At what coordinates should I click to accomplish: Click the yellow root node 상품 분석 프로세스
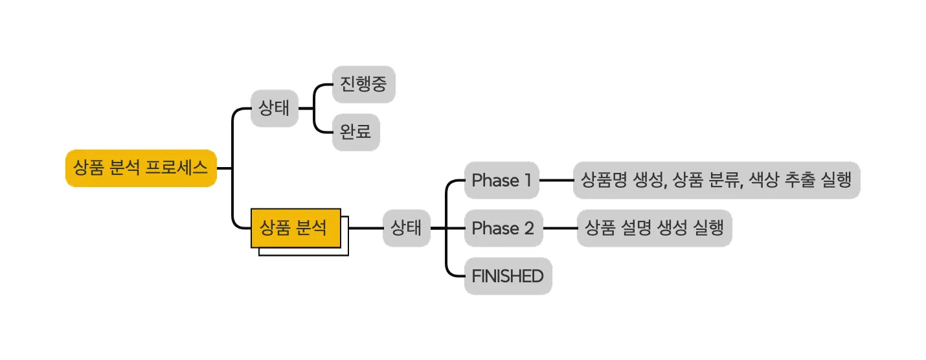click(x=141, y=168)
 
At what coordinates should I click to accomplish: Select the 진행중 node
click(x=363, y=84)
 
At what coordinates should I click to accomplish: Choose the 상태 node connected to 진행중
click(x=275, y=108)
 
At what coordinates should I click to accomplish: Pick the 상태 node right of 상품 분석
click(x=406, y=228)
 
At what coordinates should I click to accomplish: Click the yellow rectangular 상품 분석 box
click(x=295, y=228)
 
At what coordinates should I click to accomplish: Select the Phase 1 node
click(x=502, y=180)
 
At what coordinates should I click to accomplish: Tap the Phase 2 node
click(x=503, y=228)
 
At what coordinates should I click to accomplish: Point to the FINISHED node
click(x=508, y=276)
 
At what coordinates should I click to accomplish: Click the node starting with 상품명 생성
click(x=716, y=180)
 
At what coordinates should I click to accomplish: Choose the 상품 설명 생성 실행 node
click(x=654, y=228)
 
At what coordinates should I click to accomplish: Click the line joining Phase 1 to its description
click(x=556, y=180)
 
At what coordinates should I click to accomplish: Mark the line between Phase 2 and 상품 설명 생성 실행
click(x=560, y=228)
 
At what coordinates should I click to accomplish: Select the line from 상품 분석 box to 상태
click(x=365, y=228)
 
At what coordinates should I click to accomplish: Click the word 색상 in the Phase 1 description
click(x=764, y=180)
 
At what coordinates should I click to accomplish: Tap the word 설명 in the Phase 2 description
click(x=637, y=228)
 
